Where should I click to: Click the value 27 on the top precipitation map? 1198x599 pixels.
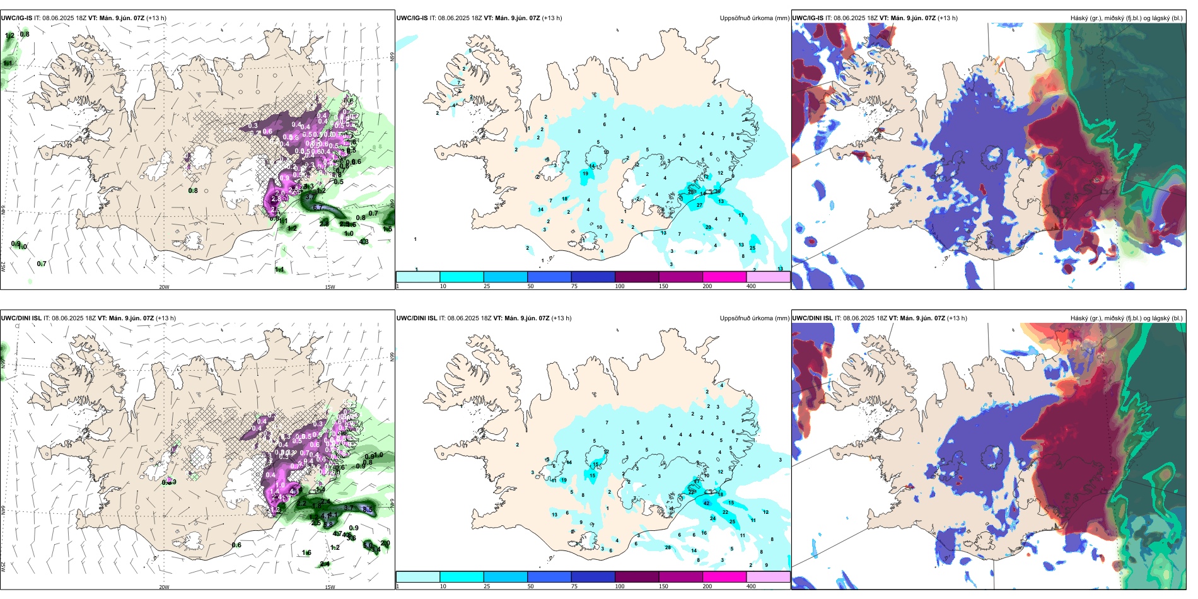[x=699, y=205]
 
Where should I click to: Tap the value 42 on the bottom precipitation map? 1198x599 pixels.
[x=707, y=503]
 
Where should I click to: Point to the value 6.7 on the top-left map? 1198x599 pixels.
[x=318, y=207]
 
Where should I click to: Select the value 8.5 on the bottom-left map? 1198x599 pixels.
[x=369, y=509]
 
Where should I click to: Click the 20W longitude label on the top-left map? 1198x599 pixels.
[x=164, y=287]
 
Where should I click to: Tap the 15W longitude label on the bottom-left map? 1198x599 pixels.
[x=329, y=587]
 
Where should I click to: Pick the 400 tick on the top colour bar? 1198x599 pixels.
[x=751, y=286]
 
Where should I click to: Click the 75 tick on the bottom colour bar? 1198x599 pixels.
[x=574, y=586]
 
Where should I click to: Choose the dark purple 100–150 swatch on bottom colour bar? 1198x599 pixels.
[x=637, y=577]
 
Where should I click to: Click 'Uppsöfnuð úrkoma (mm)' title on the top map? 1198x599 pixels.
[x=754, y=18]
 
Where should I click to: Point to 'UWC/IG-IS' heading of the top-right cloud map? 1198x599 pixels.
[x=808, y=18]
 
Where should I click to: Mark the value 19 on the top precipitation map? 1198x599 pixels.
[x=585, y=174]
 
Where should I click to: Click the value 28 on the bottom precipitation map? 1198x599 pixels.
[x=668, y=547]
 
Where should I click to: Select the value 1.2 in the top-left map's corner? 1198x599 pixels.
[x=9, y=36]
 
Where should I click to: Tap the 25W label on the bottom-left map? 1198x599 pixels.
[x=3, y=567]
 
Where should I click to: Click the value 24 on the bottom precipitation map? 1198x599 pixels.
[x=713, y=518]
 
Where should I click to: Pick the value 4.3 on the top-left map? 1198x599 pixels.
[x=364, y=241]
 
